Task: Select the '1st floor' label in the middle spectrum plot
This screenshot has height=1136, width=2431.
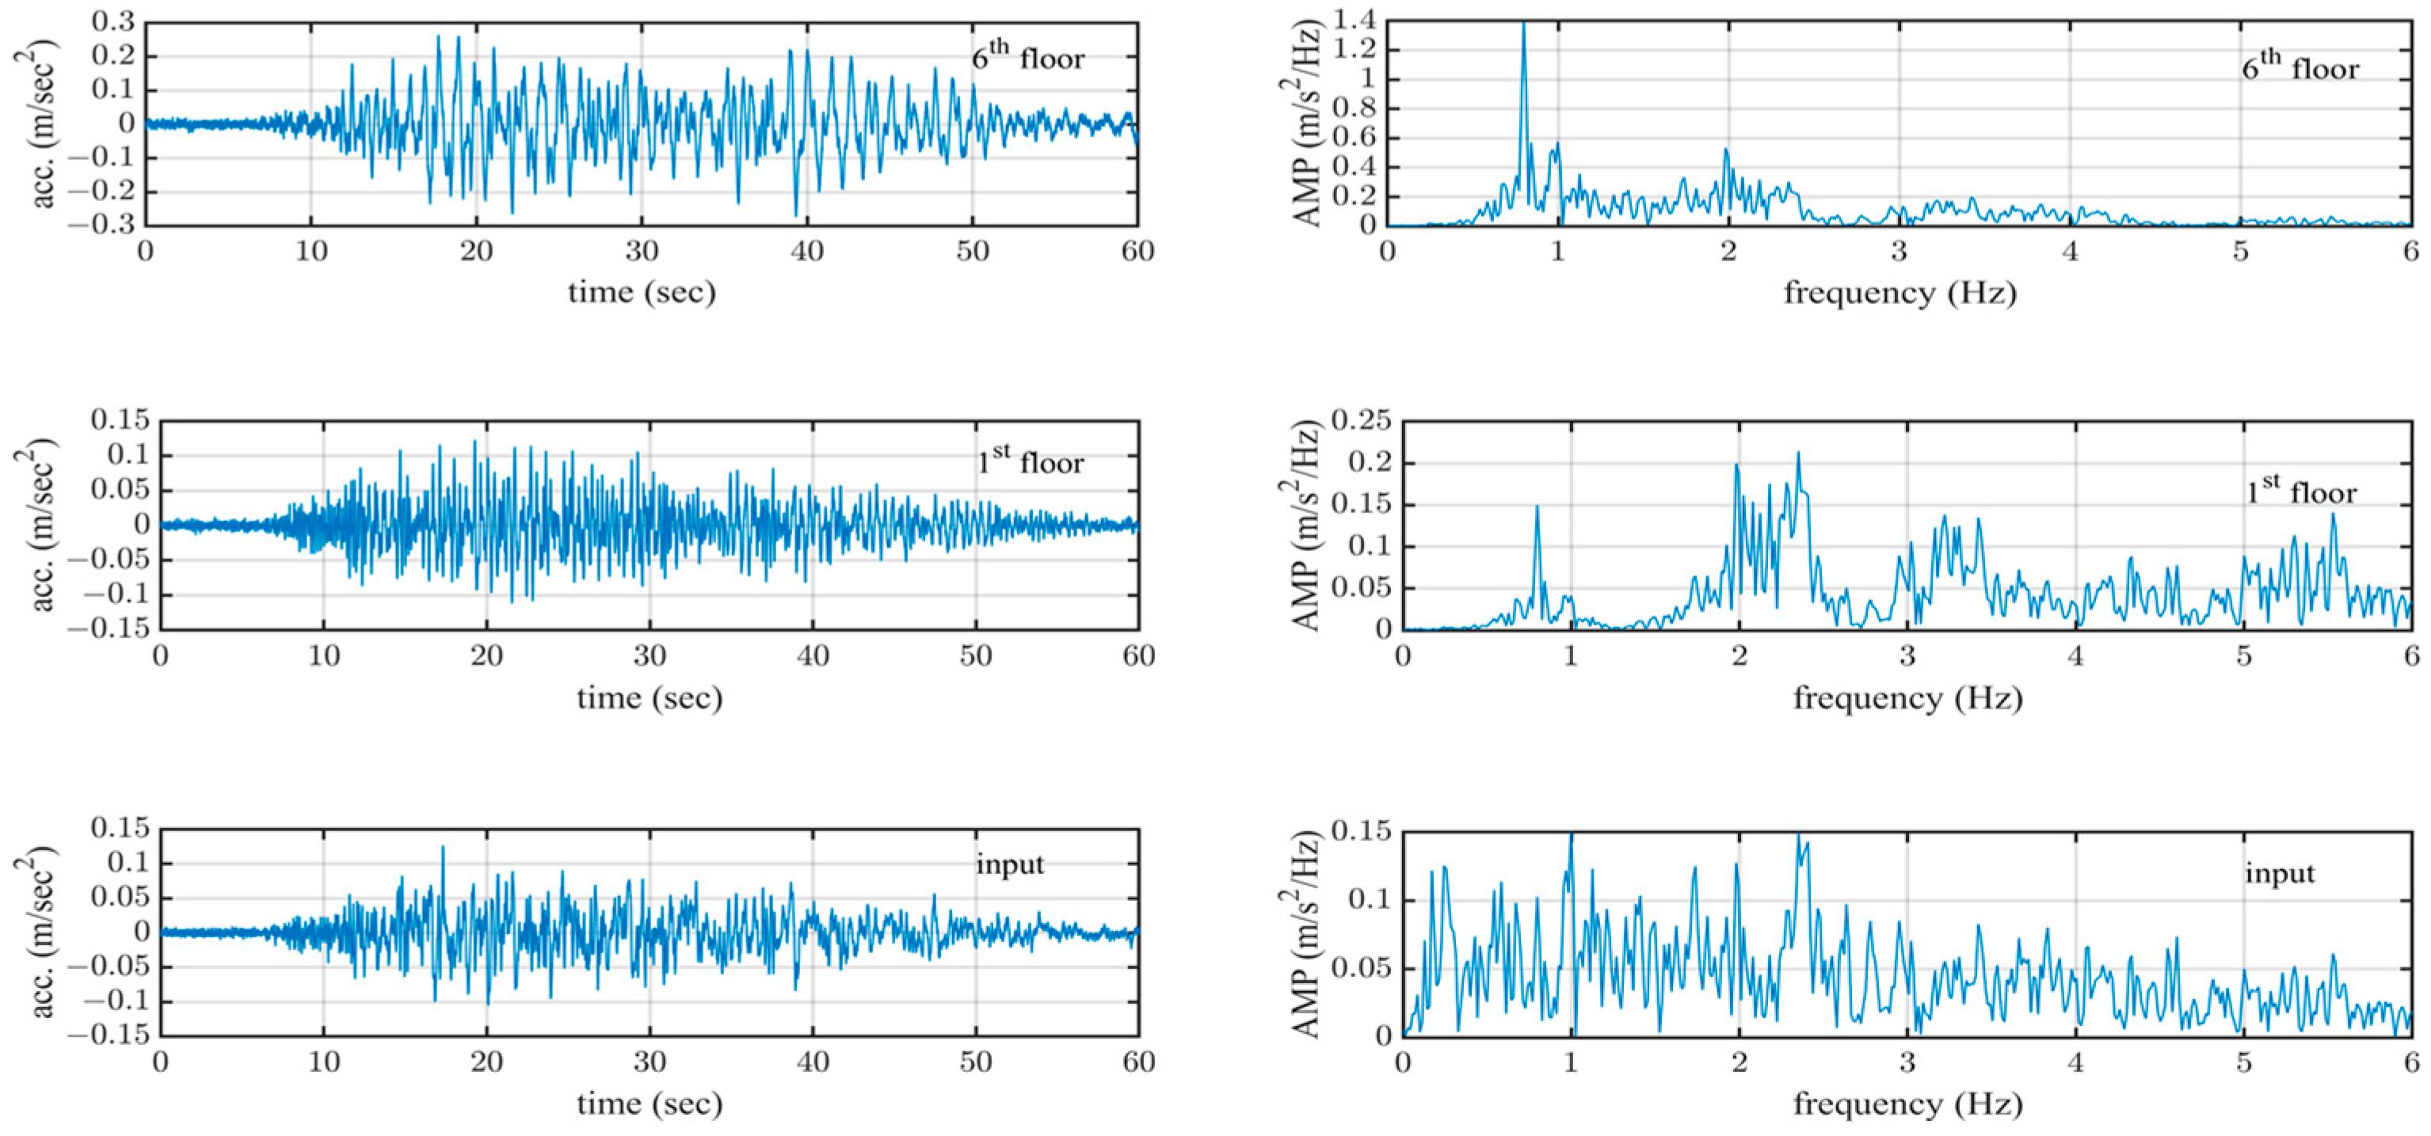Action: point(2301,491)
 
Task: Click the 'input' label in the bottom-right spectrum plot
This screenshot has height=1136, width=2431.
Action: point(2279,872)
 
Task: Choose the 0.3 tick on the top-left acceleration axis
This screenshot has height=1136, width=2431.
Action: point(114,21)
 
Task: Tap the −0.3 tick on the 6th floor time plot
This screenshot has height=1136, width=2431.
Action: point(104,226)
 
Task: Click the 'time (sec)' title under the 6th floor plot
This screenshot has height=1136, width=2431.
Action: point(642,291)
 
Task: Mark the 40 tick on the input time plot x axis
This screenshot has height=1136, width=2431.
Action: point(813,1062)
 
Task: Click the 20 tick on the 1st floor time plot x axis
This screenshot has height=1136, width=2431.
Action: point(487,655)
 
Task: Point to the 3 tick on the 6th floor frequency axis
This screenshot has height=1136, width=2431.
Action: point(1899,251)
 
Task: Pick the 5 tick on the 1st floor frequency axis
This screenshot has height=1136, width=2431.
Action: point(2243,655)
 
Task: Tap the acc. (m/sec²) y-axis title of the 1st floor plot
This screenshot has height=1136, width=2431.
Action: point(36,525)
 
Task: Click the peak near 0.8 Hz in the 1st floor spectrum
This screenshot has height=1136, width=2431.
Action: point(1537,507)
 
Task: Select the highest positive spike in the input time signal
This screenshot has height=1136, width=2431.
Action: point(443,847)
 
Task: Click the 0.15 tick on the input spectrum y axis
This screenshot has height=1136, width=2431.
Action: point(1360,831)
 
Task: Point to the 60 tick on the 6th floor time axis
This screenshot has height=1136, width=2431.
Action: point(1137,251)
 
